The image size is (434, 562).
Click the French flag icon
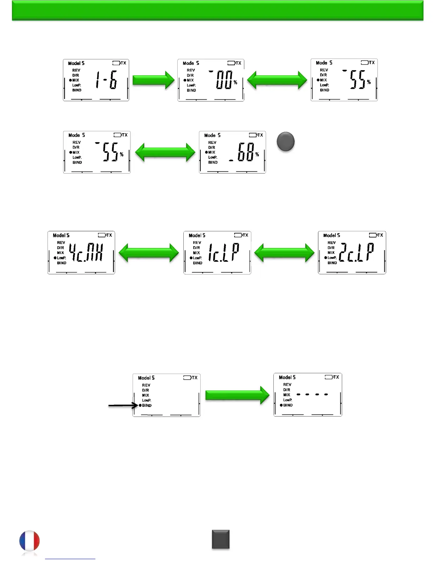pos(29,542)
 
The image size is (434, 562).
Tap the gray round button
pos(285,142)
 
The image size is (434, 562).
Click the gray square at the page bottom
pos(221,539)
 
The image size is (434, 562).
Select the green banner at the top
pos(217,10)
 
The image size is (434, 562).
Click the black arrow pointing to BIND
pos(123,405)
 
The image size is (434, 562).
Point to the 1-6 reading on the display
pos(106,80)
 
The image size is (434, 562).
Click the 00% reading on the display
pos(225,80)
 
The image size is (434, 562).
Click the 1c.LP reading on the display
pos(223,253)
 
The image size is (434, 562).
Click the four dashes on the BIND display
pos(312,394)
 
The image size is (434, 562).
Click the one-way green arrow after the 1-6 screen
pos(153,80)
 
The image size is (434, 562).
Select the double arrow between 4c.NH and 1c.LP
pos(149,253)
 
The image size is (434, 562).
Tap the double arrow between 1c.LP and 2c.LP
pos(284,253)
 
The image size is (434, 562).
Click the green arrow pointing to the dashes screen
pos(237,395)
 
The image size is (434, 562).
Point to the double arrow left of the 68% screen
pos(165,153)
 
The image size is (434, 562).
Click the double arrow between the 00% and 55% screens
pos(277,80)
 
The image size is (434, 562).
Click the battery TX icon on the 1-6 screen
pos(119,63)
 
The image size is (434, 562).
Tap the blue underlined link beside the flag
pos(70,559)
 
